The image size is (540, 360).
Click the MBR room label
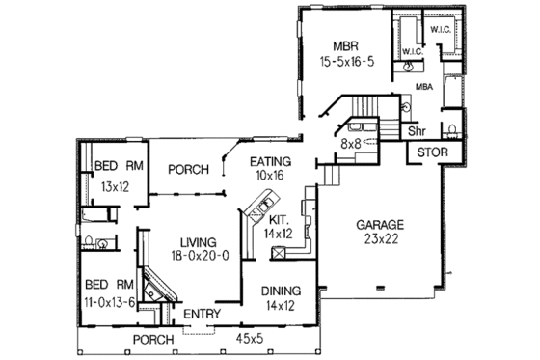[x=346, y=45]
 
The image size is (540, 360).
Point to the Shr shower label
[x=417, y=129]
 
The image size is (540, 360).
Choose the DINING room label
[x=280, y=291]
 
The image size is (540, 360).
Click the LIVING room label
[x=191, y=241]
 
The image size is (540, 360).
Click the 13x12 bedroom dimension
[x=113, y=185]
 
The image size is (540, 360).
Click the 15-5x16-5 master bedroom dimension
[x=347, y=61]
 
